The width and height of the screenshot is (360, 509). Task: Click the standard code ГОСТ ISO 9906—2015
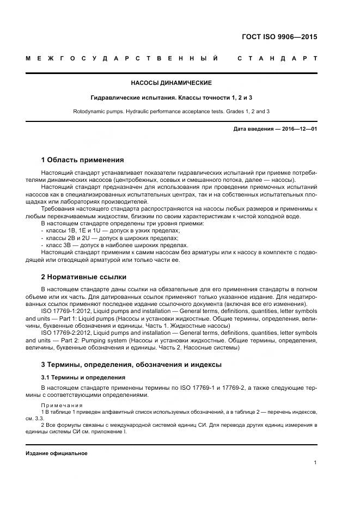pyautogui.click(x=279, y=38)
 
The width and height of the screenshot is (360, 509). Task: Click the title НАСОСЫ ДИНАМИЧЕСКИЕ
pyautogui.click(x=171, y=83)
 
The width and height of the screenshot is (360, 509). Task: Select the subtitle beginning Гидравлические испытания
pyautogui.click(x=171, y=97)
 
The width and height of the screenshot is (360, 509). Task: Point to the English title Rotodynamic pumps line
pyautogui.click(x=171, y=111)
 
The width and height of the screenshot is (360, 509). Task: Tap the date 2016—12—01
pyautogui.click(x=298, y=129)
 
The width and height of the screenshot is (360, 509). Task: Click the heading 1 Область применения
pyautogui.click(x=82, y=160)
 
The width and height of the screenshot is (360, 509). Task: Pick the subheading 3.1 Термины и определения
pyautogui.click(x=83, y=377)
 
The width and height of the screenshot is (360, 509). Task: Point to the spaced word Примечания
pyautogui.click(x=62, y=405)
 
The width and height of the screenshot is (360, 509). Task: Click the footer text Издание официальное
pyautogui.click(x=57, y=453)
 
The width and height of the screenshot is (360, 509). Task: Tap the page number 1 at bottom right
pyautogui.click(x=315, y=462)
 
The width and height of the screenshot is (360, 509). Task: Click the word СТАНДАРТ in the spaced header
pyautogui.click(x=277, y=58)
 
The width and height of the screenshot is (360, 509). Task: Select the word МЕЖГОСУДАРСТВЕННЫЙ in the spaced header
pyautogui.click(x=123, y=58)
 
